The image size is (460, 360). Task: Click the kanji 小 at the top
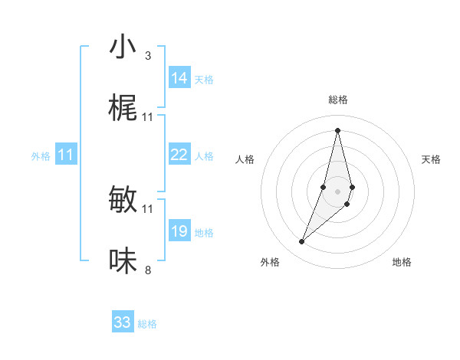point(123,47)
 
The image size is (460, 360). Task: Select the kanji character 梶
point(123,110)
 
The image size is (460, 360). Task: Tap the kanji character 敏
point(123,200)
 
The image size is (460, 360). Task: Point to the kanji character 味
point(123,261)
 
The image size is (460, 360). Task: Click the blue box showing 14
point(179,78)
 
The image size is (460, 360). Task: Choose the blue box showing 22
point(179,155)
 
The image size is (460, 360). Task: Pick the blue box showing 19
point(179,231)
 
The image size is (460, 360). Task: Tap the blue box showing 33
point(123,322)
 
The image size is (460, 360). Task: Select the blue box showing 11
point(66,155)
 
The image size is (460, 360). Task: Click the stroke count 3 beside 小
point(148,55)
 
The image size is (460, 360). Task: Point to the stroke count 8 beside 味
point(148,270)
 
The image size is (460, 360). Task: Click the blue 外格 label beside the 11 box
point(41,156)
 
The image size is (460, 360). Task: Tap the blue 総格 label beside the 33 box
point(147,324)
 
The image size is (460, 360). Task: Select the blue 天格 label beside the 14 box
point(204,80)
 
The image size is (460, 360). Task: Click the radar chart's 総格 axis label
point(337,100)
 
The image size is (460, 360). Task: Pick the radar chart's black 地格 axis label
point(402,262)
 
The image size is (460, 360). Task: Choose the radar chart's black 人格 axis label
point(245,159)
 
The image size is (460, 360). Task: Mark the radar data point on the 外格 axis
point(302,242)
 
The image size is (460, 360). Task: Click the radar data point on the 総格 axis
point(337,129)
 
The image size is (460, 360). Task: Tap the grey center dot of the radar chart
point(337,190)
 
